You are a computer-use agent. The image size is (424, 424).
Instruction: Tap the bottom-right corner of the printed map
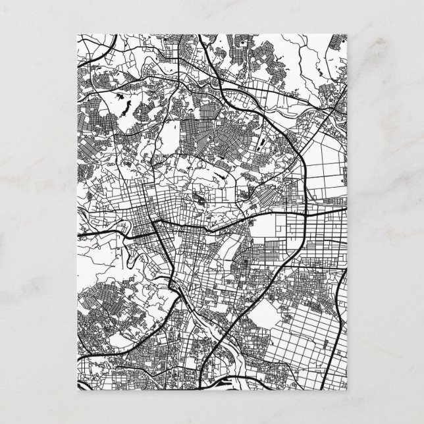pos(346,389)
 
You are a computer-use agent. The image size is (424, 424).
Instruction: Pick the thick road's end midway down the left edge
pos(79,234)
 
